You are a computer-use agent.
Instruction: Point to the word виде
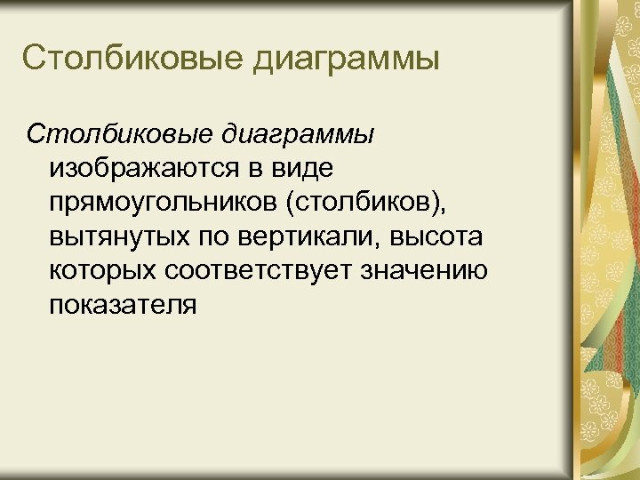pyautogui.click(x=303, y=166)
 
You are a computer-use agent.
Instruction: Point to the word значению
pyautogui.click(x=425, y=271)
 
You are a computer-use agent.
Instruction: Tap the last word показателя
pyautogui.click(x=124, y=305)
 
